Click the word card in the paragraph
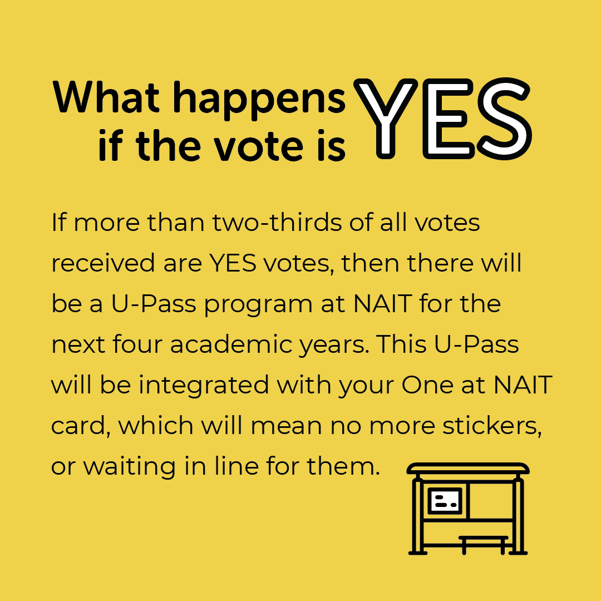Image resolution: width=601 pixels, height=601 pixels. (78, 426)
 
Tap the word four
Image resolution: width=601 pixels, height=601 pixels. (139, 345)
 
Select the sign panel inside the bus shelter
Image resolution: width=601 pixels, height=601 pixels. (445, 501)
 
